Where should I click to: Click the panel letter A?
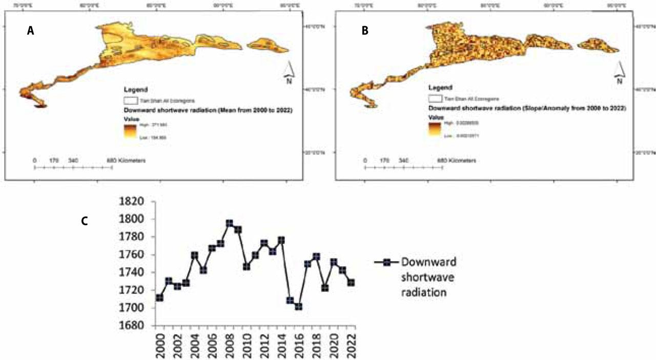[30, 31]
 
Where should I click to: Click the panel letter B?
[365, 31]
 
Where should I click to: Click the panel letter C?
[85, 220]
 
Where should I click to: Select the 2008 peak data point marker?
[230, 224]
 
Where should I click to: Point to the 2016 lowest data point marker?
[298, 307]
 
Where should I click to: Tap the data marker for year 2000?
[160, 297]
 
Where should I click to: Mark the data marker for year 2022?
[351, 283]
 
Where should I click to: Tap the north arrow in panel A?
[289, 72]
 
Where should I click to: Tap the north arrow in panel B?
[619, 72]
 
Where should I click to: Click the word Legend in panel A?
[135, 88]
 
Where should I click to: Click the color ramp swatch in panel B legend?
[435, 128]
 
